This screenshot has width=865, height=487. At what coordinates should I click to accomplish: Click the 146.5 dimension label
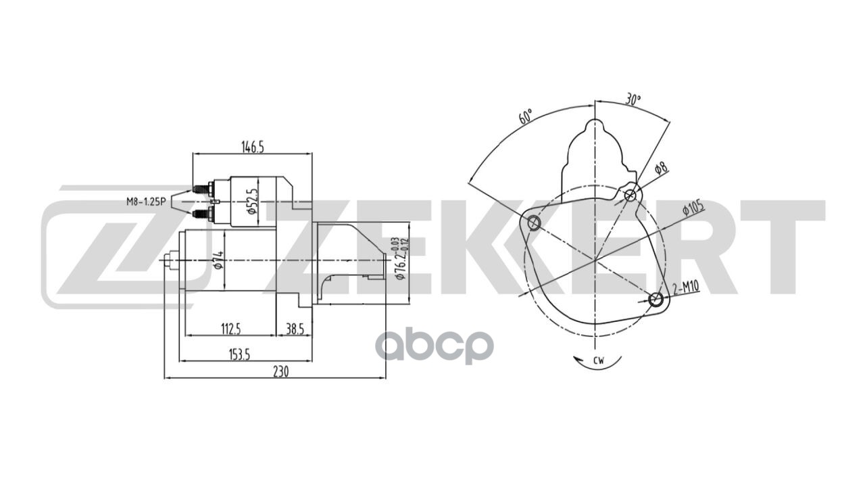pos(252,147)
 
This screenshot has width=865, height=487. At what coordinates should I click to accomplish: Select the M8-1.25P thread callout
pos(147,201)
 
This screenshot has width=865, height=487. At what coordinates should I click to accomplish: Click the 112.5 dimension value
pos(230,329)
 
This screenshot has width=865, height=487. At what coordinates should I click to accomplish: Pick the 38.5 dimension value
pos(295,329)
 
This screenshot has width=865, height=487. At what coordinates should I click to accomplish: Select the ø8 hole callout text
pos(660,169)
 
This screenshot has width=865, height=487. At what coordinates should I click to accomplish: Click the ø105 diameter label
pos(693,206)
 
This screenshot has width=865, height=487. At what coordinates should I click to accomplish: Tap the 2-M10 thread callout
pos(686,289)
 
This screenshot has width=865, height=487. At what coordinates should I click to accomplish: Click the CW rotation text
pos(598,360)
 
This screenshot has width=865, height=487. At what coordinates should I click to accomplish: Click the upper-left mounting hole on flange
pos(534,222)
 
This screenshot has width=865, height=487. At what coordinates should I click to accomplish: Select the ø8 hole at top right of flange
pos(630,195)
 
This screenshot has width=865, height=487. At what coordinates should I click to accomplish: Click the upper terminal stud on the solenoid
pos(199,189)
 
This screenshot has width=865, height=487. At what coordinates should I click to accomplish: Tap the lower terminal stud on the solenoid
pos(199,214)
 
